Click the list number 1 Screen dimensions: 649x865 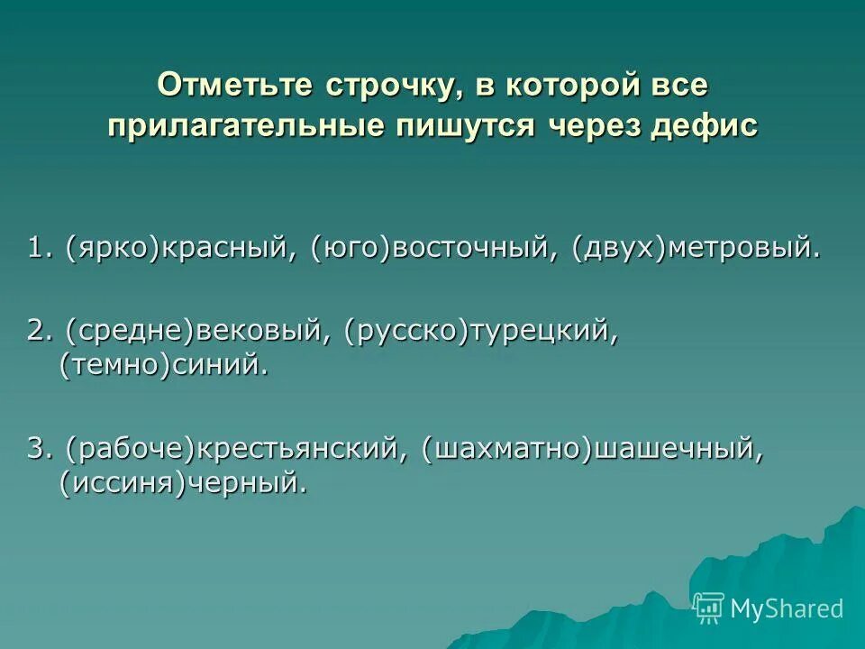coord(37,249)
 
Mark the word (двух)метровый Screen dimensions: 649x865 coord(695,249)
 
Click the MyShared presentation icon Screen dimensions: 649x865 coord(709,608)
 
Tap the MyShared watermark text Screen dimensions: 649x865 coord(787,609)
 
